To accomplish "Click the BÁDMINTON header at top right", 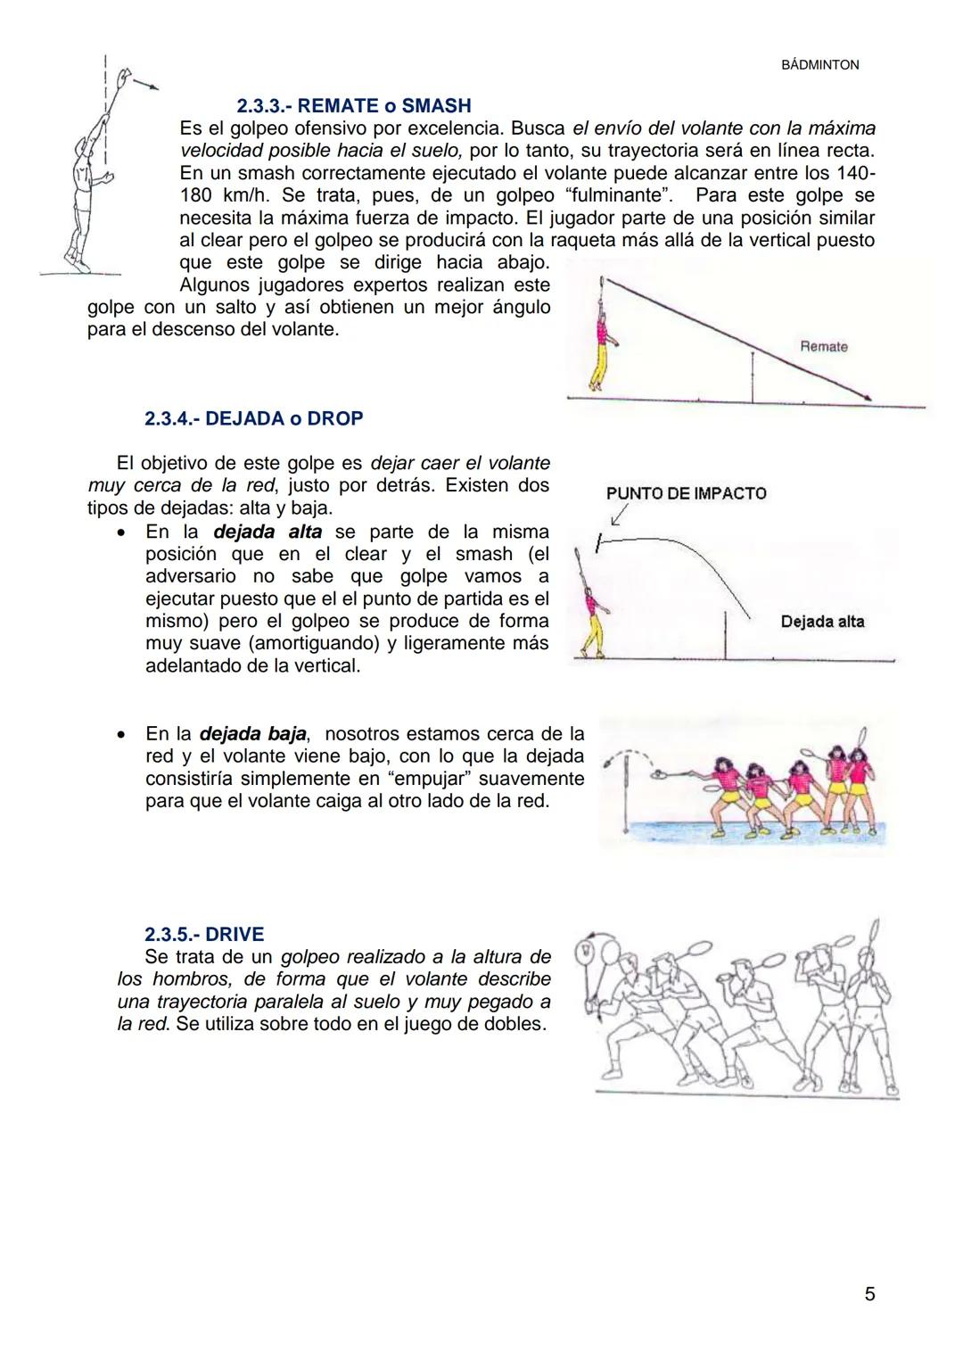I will click(819, 65).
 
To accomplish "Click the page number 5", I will click(869, 1294).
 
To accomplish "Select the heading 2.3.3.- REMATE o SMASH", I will click(354, 106).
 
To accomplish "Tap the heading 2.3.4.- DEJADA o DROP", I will click(253, 418).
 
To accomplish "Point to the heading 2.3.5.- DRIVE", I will click(204, 934).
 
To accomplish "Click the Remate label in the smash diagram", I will click(823, 347).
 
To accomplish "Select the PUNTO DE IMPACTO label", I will click(686, 493).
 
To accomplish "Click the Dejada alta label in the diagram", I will click(822, 622).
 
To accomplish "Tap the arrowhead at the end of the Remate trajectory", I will click(868, 399).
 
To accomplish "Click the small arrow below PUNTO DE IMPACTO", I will click(619, 516).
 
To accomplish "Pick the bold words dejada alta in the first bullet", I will click(268, 532).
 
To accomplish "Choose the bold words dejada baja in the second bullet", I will click(253, 734).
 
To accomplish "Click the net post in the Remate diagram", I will click(753, 377).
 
